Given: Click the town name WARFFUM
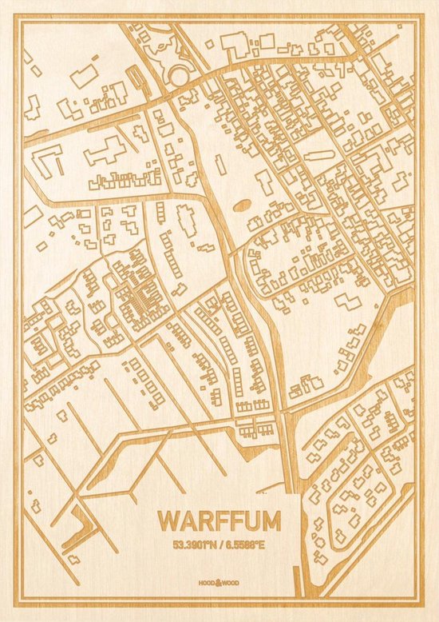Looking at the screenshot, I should tap(219, 521).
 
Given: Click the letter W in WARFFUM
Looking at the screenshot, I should tap(168, 521).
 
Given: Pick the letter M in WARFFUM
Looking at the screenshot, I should tap(270, 521).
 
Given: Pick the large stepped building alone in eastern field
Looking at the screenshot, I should tap(348, 302).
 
